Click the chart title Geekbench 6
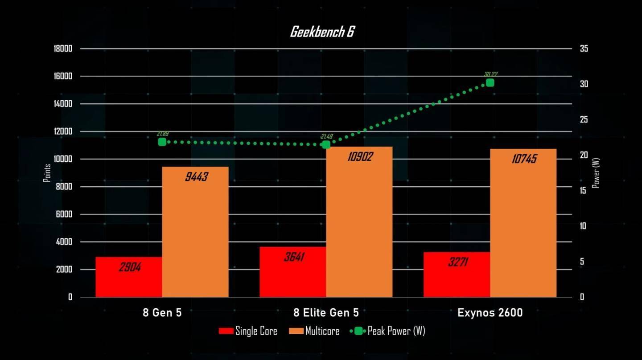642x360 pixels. click(322, 32)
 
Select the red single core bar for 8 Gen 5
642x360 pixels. click(128, 277)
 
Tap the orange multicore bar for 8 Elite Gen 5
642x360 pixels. click(359, 223)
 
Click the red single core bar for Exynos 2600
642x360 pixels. click(457, 275)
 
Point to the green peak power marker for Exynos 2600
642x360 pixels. click(490, 82)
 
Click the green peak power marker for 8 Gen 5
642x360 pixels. click(162, 142)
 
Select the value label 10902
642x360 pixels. click(360, 157)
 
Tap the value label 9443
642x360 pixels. click(196, 177)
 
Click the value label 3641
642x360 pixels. click(294, 257)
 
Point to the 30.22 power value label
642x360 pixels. click(491, 74)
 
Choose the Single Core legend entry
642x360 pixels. click(248, 331)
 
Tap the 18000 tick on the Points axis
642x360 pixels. click(62, 49)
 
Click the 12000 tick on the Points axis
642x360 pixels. click(62, 131)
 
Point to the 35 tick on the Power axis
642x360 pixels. click(584, 49)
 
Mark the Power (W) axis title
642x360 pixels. click(596, 173)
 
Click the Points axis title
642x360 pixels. click(47, 173)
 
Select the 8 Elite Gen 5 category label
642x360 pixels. click(326, 312)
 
